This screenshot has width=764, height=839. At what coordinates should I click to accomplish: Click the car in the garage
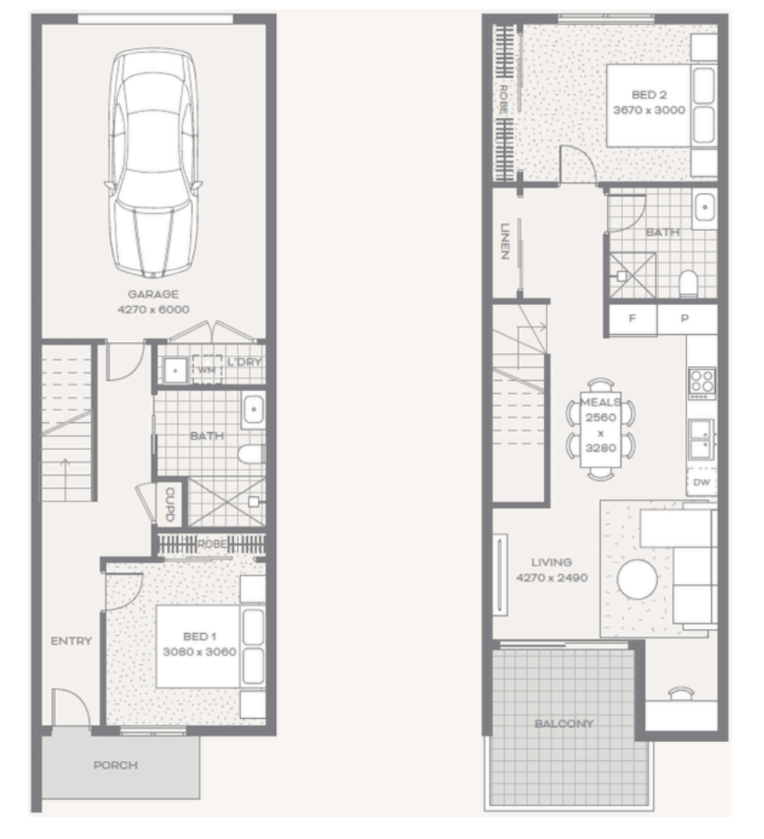point(153,162)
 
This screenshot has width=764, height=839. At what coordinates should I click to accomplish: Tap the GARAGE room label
point(153,294)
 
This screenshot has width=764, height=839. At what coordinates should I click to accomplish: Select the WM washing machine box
point(207,369)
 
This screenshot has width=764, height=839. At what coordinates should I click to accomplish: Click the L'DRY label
point(244,362)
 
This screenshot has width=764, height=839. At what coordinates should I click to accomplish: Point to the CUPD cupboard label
point(170,504)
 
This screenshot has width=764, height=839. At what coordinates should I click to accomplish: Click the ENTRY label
point(71,641)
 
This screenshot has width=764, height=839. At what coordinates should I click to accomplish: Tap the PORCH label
point(116,765)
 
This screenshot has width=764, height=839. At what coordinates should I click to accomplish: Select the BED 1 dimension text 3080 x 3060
point(200,651)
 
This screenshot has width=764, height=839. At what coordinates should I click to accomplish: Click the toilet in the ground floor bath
point(252,454)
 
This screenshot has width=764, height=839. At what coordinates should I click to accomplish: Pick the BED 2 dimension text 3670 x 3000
point(649,110)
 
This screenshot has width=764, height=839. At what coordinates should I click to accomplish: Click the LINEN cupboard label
point(505,241)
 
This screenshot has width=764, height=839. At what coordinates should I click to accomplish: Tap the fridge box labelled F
point(632,319)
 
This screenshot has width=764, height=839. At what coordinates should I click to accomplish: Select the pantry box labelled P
point(687,319)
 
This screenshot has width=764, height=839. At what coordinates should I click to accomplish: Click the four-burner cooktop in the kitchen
point(702,383)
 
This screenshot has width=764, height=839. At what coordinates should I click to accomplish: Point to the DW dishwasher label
point(702,482)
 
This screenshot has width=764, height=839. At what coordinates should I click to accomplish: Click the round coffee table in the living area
point(637,579)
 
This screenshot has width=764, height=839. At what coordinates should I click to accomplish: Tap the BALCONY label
point(564,723)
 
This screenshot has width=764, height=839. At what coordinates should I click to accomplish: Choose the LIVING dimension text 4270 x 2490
point(552,578)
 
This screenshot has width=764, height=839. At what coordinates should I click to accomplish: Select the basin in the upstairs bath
point(705,207)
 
